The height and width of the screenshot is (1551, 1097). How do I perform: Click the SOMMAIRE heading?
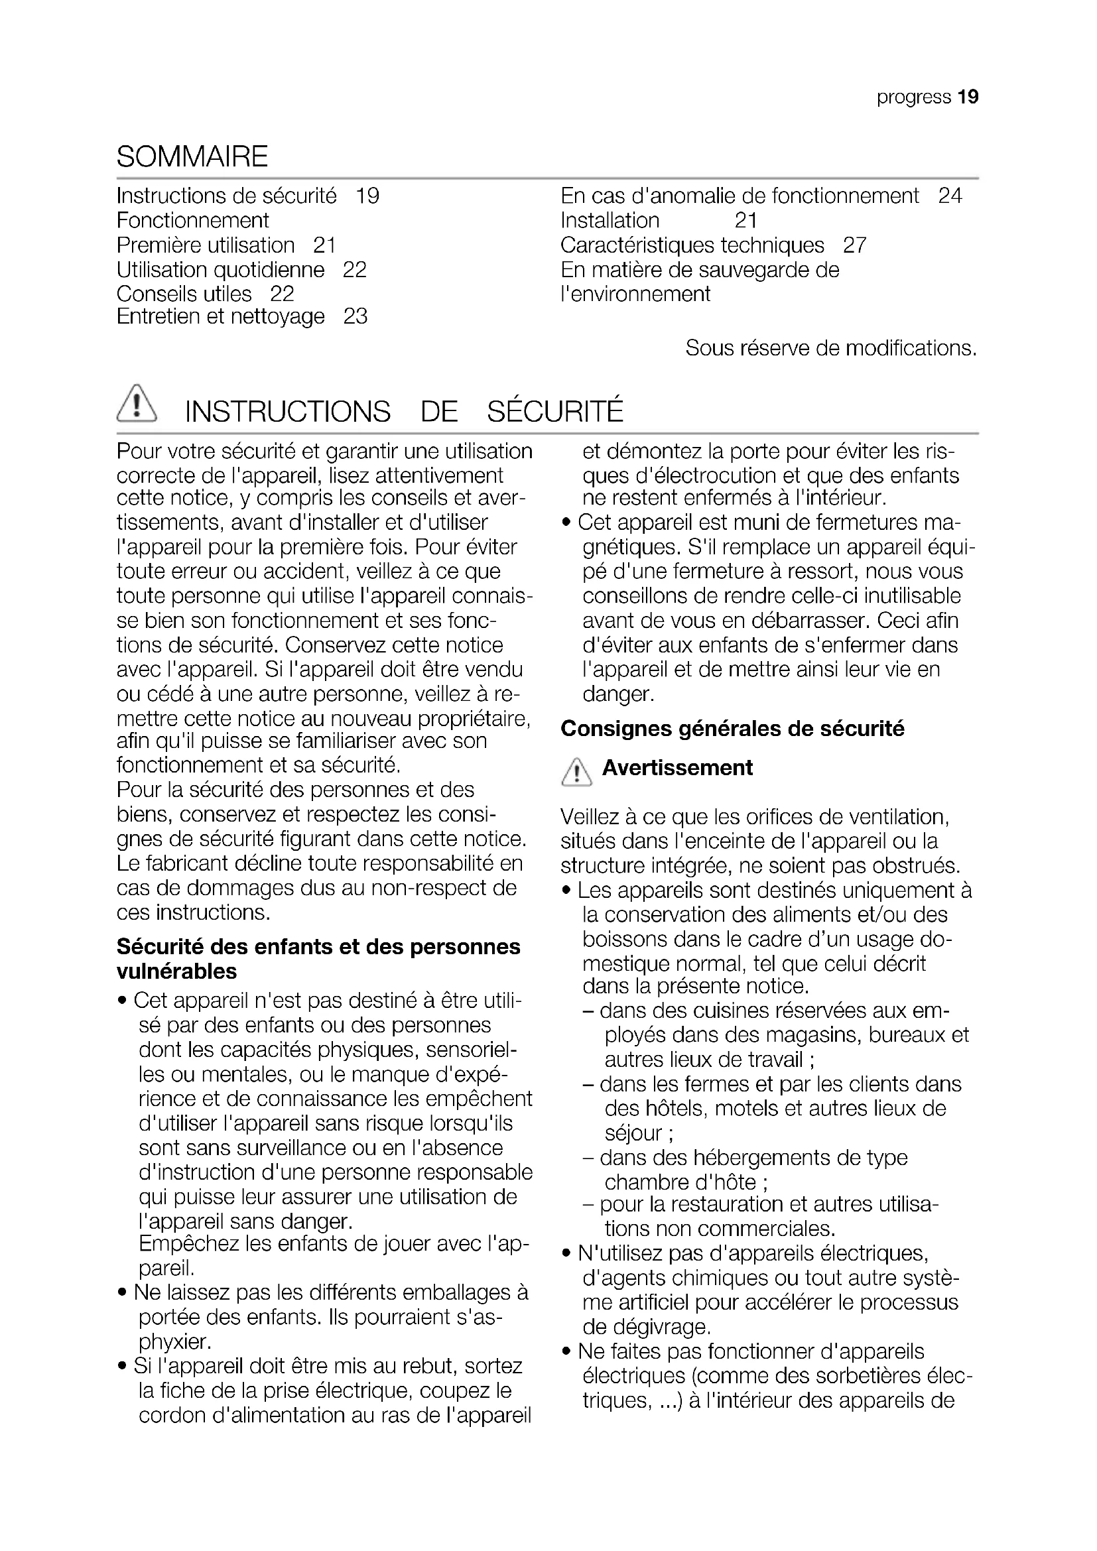pyautogui.click(x=192, y=156)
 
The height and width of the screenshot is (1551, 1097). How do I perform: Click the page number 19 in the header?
pyautogui.click(x=967, y=97)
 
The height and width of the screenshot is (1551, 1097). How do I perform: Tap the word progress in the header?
pyautogui.click(x=913, y=97)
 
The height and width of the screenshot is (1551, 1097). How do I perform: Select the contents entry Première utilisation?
pyautogui.click(x=206, y=245)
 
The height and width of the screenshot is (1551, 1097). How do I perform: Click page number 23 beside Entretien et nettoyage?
pyautogui.click(x=355, y=316)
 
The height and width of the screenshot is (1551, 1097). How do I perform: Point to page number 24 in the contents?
pyautogui.click(x=950, y=196)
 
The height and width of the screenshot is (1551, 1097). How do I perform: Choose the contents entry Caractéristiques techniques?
pyautogui.click(x=692, y=245)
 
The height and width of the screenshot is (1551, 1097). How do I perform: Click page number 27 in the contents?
pyautogui.click(x=854, y=245)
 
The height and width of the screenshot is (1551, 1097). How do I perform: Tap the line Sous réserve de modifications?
pyautogui.click(x=831, y=349)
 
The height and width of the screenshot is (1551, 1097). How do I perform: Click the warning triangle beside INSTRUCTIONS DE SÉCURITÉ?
pyautogui.click(x=137, y=404)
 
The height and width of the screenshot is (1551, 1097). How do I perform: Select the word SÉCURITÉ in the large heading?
pyautogui.click(x=555, y=412)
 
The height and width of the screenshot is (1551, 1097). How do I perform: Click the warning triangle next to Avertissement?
pyautogui.click(x=576, y=773)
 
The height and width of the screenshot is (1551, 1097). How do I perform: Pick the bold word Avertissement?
pyautogui.click(x=677, y=768)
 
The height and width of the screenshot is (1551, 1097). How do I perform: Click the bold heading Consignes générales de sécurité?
pyautogui.click(x=732, y=729)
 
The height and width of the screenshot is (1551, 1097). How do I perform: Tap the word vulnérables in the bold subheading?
pyautogui.click(x=177, y=971)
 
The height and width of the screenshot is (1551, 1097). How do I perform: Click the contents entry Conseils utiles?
pyautogui.click(x=184, y=294)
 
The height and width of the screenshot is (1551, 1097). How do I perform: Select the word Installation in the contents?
pyautogui.click(x=610, y=221)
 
